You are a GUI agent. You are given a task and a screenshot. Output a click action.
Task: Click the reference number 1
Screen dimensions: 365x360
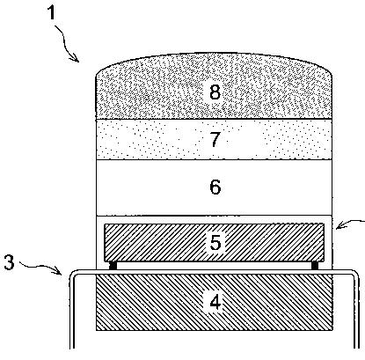coord(52,13)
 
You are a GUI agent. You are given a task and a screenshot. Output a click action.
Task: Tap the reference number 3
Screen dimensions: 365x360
coord(9,262)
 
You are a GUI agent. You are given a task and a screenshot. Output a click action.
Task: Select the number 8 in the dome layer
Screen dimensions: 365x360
coord(215,92)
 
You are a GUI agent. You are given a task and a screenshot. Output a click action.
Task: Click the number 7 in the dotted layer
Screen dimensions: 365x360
coord(215,139)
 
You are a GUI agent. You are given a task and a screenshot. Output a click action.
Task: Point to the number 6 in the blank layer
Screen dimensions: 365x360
coord(215,187)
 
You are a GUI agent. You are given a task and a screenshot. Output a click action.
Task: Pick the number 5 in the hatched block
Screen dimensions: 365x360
coord(215,242)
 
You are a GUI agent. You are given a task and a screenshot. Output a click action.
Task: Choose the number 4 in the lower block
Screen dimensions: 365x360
coord(215,302)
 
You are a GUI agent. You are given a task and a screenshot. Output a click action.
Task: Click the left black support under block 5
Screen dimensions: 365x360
coord(113,266)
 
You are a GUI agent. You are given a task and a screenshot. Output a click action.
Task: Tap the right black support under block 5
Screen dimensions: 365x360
coord(315,266)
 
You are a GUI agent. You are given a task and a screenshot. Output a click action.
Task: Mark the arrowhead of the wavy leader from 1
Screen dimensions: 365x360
coord(77,59)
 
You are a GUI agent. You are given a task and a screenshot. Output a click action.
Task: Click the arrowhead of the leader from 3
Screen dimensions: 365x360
coord(59,271)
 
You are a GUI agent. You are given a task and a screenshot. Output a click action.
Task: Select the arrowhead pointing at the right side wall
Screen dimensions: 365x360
coord(339,226)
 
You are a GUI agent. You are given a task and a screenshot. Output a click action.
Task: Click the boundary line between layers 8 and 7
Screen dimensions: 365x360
coord(215,119)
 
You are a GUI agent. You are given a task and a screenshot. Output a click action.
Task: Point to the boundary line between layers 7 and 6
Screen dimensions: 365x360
coord(215,159)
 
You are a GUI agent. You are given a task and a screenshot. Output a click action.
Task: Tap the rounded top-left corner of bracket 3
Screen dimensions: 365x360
coord(73,274)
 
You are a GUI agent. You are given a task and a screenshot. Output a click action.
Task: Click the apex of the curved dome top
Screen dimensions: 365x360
coord(215,54)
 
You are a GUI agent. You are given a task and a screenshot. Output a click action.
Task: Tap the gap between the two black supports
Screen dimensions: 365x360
coord(214,266)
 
